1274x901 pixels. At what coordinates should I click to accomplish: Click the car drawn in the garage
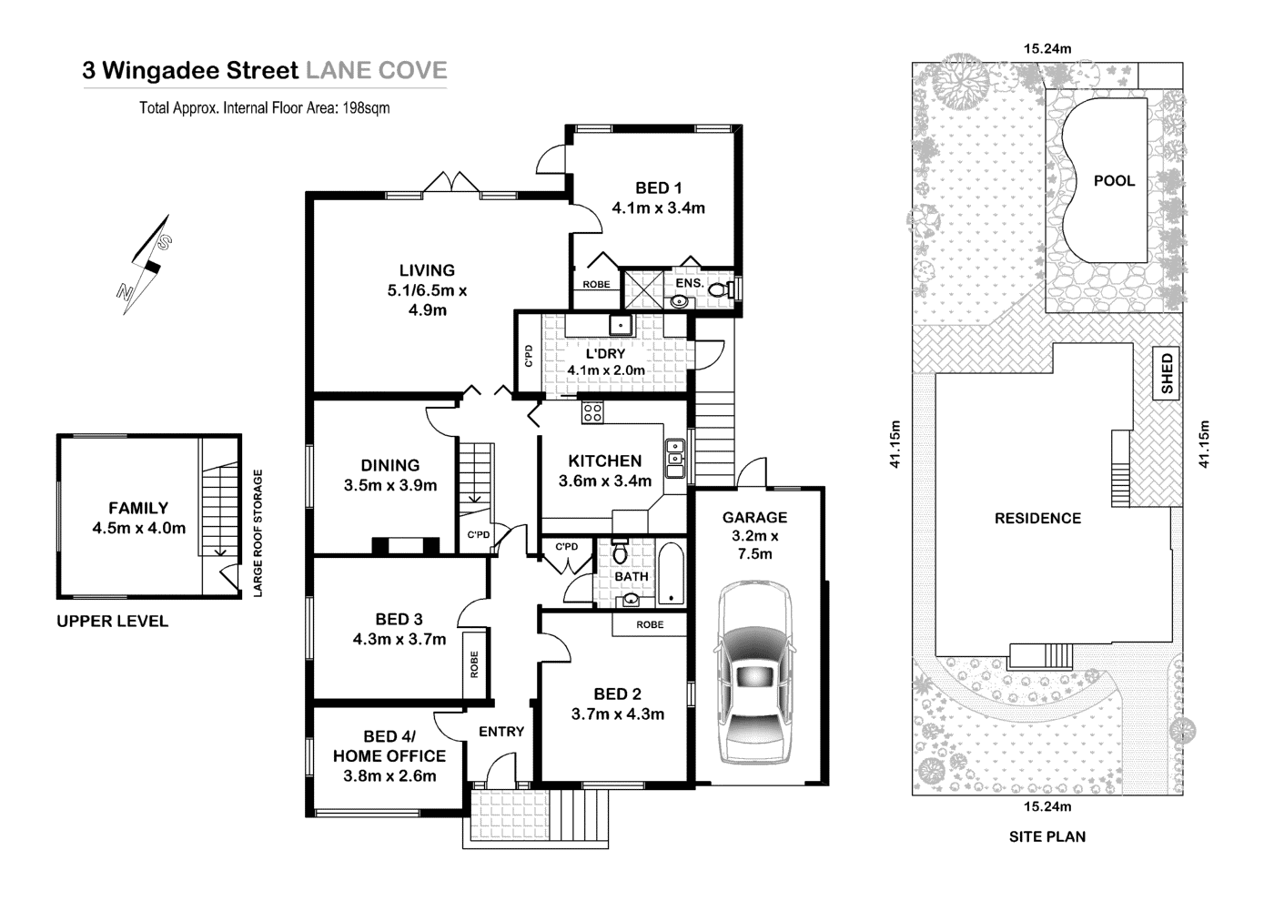pyautogui.click(x=754, y=673)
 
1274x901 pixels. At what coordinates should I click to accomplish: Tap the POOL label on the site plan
pyautogui.click(x=1114, y=180)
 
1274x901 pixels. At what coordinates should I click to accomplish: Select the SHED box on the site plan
pyautogui.click(x=1167, y=374)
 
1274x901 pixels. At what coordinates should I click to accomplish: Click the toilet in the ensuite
pyautogui.click(x=720, y=290)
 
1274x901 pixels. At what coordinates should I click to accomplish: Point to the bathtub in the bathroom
pyautogui.click(x=671, y=575)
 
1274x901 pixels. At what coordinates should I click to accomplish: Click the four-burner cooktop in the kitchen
pyautogui.click(x=592, y=412)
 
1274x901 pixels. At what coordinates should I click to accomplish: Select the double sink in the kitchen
pyautogui.click(x=675, y=459)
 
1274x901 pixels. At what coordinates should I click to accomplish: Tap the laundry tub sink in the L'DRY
pyautogui.click(x=622, y=324)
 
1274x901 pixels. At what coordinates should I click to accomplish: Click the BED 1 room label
pyautogui.click(x=658, y=187)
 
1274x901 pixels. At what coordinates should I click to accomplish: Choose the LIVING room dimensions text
pyautogui.click(x=427, y=300)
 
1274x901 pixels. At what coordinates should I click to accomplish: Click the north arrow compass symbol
pyautogui.click(x=145, y=264)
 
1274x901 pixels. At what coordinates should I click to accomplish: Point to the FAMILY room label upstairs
pyautogui.click(x=138, y=508)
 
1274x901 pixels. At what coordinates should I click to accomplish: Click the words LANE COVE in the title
pyautogui.click(x=376, y=70)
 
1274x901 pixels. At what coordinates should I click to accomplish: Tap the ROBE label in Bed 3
pyautogui.click(x=474, y=663)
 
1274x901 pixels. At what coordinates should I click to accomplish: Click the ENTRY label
pyautogui.click(x=501, y=731)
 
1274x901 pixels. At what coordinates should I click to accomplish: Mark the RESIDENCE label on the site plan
pyautogui.click(x=1037, y=518)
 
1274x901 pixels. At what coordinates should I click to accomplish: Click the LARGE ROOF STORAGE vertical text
pyautogui.click(x=258, y=532)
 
